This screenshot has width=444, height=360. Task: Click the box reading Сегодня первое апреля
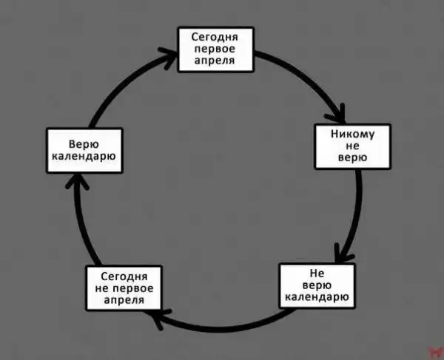[x=215, y=49]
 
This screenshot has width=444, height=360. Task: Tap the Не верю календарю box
[x=317, y=285]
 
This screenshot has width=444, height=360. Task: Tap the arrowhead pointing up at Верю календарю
[x=76, y=180]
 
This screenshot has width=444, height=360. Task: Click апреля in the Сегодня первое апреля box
[x=215, y=61]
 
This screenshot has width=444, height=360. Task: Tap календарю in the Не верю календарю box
[x=317, y=297]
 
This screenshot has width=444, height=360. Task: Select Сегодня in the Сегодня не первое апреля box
[x=124, y=276]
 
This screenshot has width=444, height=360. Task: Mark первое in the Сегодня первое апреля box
[x=215, y=49]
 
